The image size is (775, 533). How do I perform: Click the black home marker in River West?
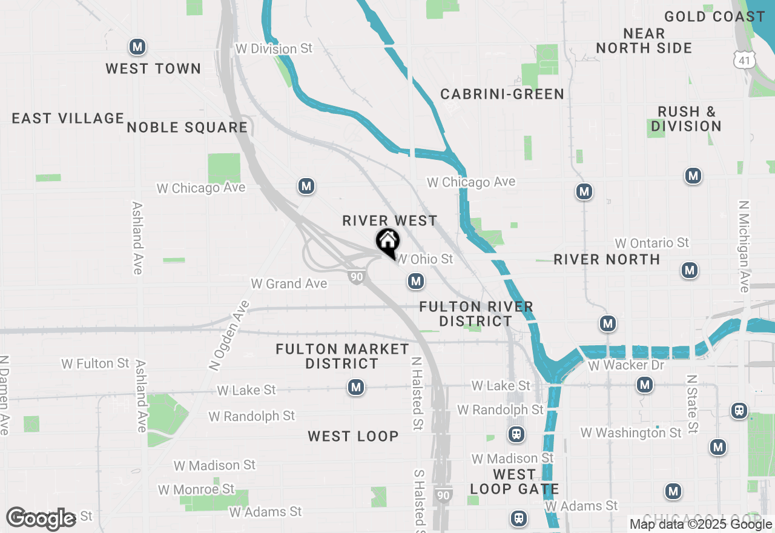388,242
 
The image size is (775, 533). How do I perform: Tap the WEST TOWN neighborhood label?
153,68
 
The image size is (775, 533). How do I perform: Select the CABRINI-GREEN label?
502,94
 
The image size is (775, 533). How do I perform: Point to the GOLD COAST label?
714,16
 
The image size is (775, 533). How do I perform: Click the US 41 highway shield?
743,59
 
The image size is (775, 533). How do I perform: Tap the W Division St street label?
274,48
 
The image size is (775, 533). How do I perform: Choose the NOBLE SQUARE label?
187,127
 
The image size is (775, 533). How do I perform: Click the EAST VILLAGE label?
68,118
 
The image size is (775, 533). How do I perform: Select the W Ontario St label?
651,243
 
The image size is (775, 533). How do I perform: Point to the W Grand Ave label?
289,283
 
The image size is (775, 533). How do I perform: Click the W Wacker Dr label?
625,365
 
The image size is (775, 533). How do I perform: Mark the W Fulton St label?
95,363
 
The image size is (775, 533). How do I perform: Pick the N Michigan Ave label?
744,247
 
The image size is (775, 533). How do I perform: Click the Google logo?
41,518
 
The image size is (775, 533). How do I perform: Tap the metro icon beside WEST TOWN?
137,47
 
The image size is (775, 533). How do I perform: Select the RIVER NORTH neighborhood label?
607,259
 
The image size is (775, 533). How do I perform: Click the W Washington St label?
631,432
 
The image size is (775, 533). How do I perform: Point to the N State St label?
693,403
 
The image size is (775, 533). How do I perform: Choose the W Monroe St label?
196,489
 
